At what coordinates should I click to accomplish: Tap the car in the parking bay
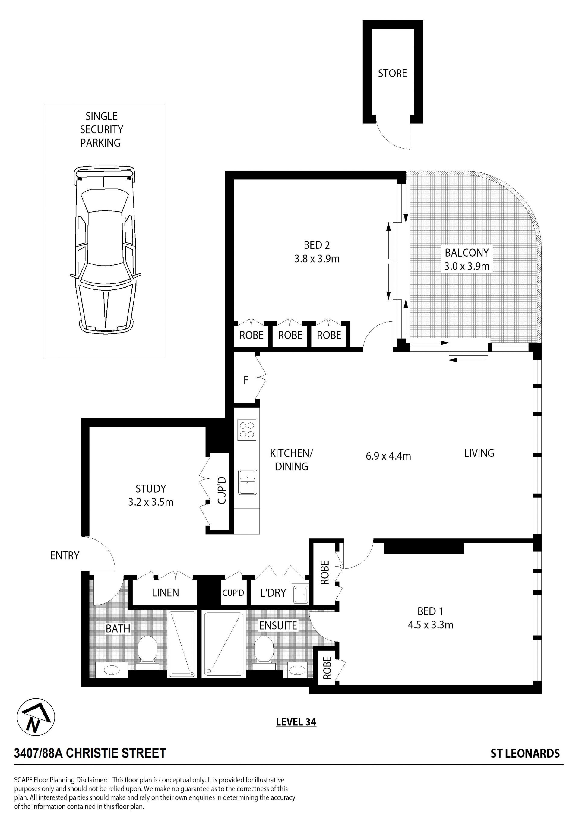(x=105, y=249)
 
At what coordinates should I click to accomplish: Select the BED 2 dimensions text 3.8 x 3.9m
(x=317, y=259)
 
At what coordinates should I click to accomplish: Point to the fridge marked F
(x=246, y=380)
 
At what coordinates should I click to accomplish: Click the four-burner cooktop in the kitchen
(x=247, y=430)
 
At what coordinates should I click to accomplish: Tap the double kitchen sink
(x=247, y=482)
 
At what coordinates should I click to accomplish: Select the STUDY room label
(x=151, y=488)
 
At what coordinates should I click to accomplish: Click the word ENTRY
(x=65, y=555)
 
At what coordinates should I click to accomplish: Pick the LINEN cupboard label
(x=166, y=593)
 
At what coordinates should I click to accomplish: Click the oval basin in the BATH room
(x=112, y=671)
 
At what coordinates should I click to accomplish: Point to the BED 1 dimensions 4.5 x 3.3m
(x=430, y=625)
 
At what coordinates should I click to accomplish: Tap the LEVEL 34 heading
(x=296, y=722)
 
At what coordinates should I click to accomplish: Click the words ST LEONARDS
(x=525, y=753)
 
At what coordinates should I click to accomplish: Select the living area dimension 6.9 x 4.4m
(x=388, y=456)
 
